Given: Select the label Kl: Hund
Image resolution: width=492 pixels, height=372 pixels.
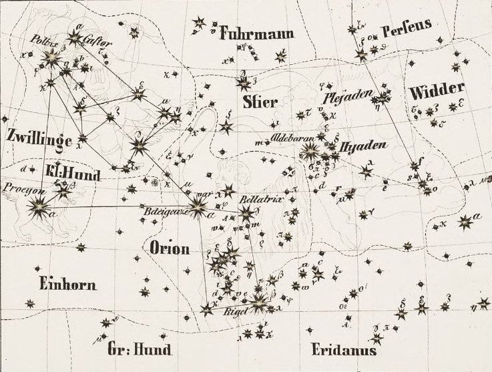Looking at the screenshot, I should tap(73, 175).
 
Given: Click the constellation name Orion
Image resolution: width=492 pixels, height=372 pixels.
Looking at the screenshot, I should tap(170, 248).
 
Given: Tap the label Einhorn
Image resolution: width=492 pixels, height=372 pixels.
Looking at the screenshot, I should tap(67, 284).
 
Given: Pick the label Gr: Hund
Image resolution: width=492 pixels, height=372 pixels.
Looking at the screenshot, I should tap(139, 349).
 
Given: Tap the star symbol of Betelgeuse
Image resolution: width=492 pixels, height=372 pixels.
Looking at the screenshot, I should tap(198, 208).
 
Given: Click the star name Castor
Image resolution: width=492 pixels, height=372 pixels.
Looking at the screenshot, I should tap(97, 39).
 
